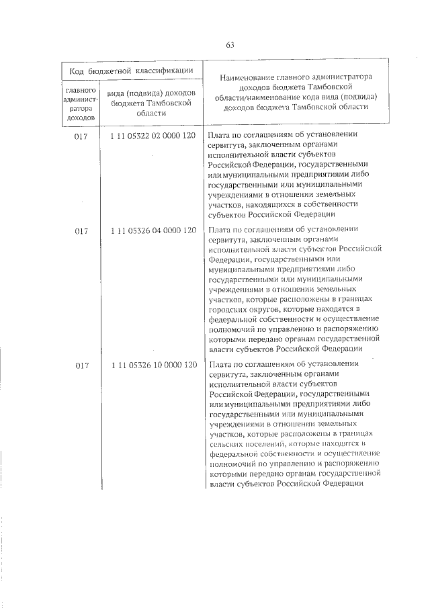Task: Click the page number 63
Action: point(229,45)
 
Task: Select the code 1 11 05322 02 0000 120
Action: point(153,136)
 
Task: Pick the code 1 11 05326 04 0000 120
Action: point(153,231)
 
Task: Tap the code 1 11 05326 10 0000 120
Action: point(153,365)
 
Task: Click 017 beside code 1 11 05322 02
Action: point(82,136)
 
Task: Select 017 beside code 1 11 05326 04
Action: point(82,231)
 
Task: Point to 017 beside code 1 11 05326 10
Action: point(82,365)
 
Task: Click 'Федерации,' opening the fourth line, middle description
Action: point(230,259)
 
